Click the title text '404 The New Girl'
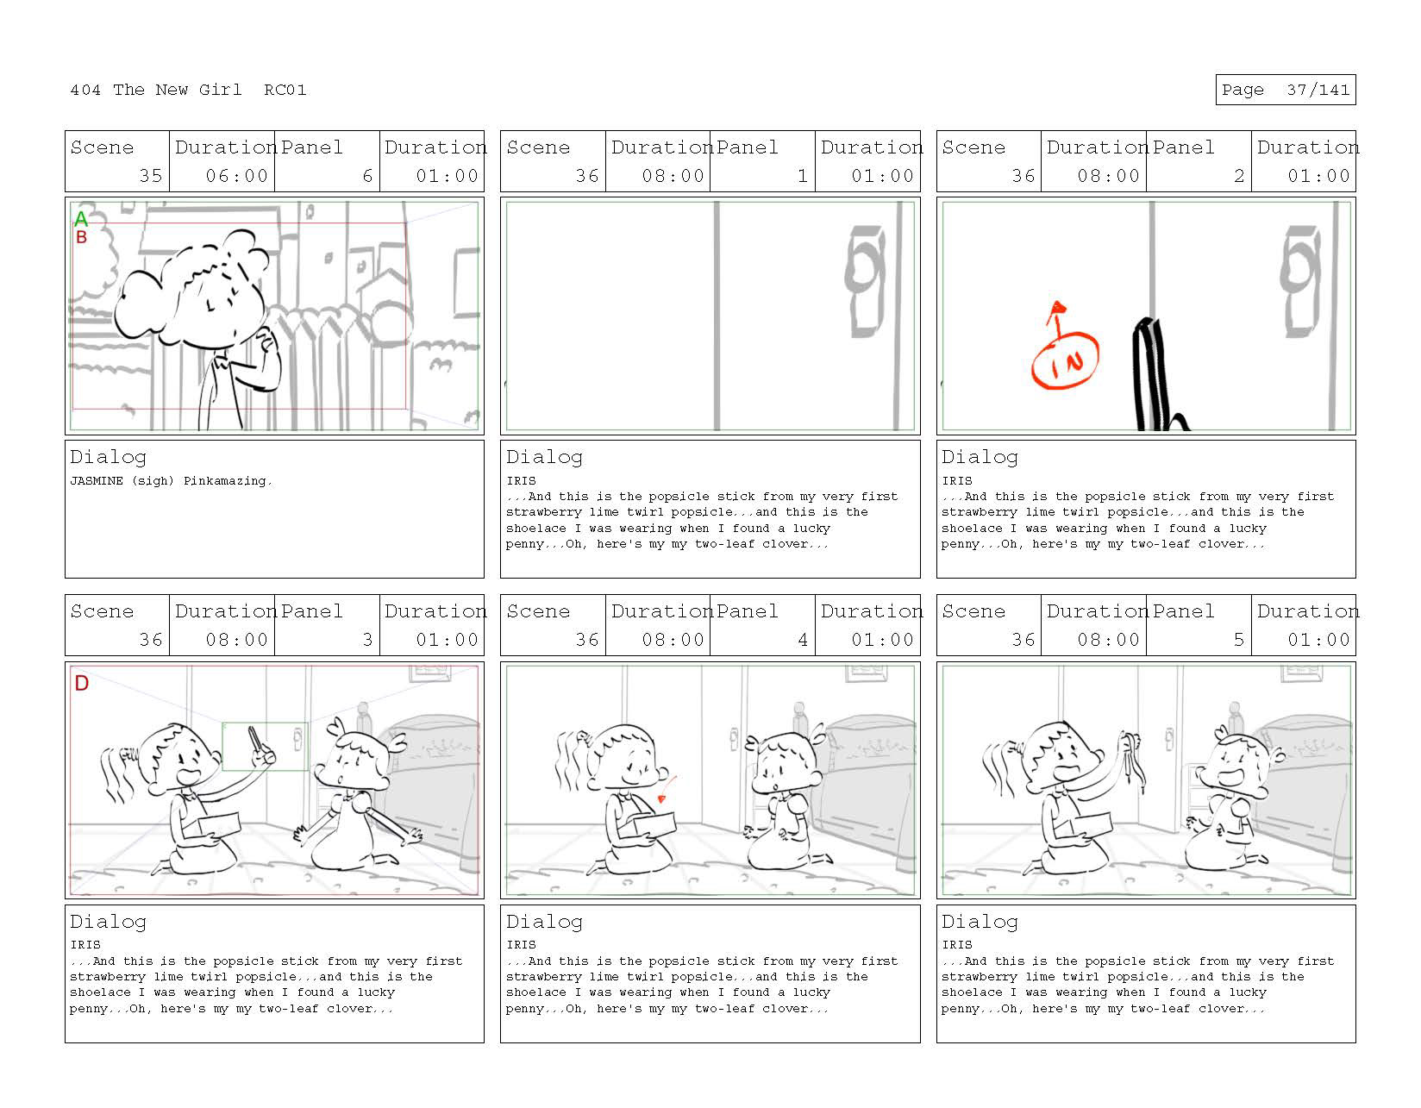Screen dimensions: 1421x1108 coord(155,90)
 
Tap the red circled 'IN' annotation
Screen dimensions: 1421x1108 coord(1064,360)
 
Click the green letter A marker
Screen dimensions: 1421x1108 coord(81,218)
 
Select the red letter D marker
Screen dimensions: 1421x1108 coord(82,683)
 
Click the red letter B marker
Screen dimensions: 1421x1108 coord(82,236)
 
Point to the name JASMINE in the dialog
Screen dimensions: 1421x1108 coord(96,480)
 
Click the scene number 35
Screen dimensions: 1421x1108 coord(150,176)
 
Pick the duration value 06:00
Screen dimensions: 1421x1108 coord(237,176)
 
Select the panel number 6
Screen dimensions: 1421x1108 coord(367,176)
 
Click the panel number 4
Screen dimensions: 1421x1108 coord(803,639)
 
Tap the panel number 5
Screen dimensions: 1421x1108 coord(1238,639)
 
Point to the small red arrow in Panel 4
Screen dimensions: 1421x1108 coord(667,789)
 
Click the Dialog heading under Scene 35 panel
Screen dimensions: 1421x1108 coord(109,457)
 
